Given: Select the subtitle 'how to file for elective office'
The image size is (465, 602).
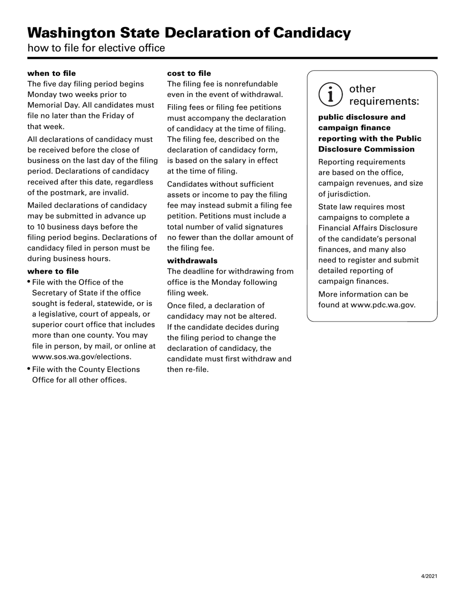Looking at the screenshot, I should click(x=96, y=48).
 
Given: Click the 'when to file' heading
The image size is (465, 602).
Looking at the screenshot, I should click(x=51, y=73).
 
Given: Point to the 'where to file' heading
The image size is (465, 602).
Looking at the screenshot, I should click(x=53, y=271).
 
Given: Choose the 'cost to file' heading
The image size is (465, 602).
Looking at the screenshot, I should click(x=189, y=73).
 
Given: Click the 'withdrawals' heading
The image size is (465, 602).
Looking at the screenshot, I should click(x=192, y=261).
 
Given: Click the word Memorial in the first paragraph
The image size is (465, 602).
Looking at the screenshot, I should click(x=46, y=105).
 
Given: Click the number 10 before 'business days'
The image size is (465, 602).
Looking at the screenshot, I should click(x=42, y=227).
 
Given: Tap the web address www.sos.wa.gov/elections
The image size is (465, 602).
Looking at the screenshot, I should click(x=81, y=357).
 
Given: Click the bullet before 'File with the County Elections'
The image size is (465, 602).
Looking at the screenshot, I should click(x=29, y=369).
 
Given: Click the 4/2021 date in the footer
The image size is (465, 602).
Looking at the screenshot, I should click(x=429, y=577).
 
